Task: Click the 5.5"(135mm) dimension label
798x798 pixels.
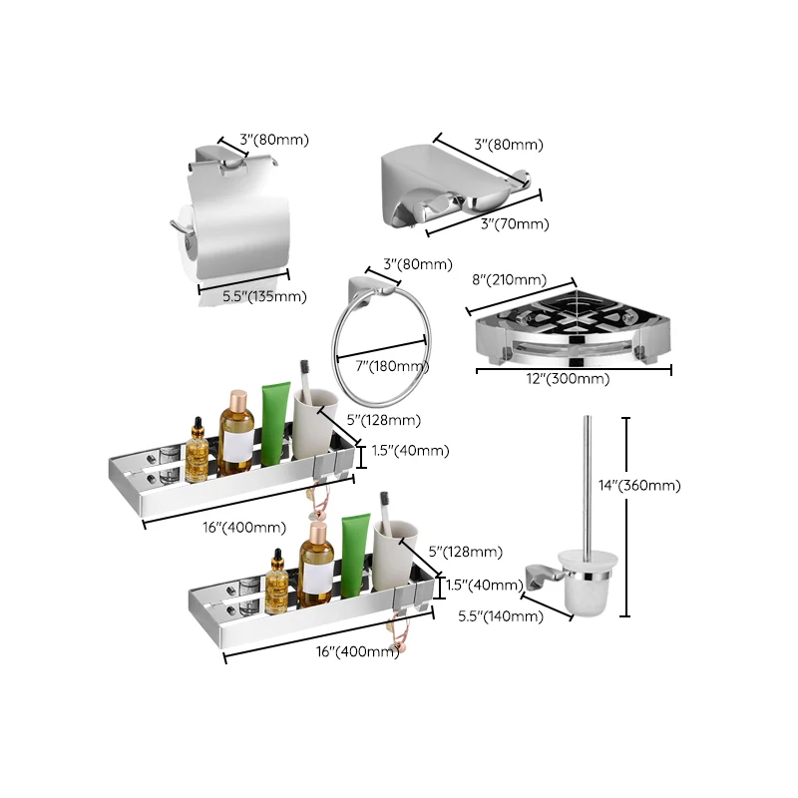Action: (x=264, y=296)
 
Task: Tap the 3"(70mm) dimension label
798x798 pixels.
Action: (x=515, y=223)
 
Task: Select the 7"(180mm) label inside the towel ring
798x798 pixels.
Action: (x=392, y=366)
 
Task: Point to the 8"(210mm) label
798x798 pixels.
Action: (x=509, y=279)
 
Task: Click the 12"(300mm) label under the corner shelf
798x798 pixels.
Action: (x=568, y=379)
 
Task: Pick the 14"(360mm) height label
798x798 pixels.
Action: (x=639, y=485)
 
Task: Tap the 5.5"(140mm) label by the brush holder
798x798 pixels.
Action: (x=501, y=616)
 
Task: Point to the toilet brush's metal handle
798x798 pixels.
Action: (x=587, y=485)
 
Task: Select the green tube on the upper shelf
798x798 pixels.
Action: (x=276, y=424)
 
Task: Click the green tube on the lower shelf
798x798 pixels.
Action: (x=355, y=556)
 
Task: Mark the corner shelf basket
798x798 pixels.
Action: (x=573, y=329)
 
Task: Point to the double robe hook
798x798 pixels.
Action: (x=455, y=187)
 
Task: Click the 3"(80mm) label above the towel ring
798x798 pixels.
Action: (x=418, y=264)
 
